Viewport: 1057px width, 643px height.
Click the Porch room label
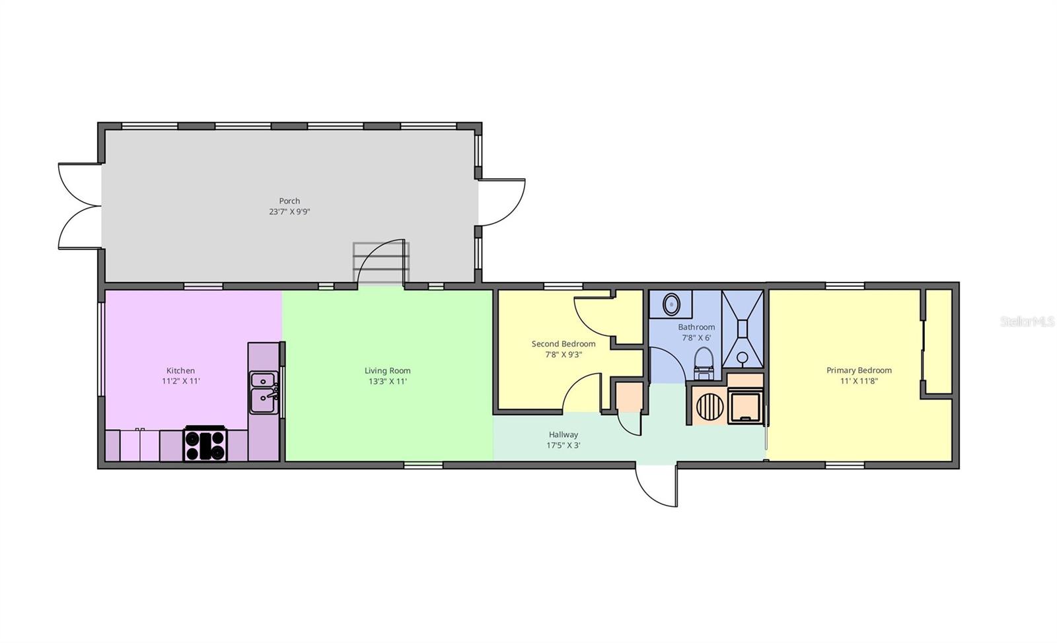[x=289, y=201]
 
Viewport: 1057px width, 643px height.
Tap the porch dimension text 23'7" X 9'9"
[x=289, y=212]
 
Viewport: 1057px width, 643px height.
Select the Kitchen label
[x=180, y=370]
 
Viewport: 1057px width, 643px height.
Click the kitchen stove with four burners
[x=205, y=444]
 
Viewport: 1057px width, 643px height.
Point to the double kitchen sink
[x=264, y=393]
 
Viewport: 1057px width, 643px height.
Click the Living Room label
[x=387, y=370]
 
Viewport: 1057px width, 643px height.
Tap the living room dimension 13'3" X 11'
[x=387, y=382]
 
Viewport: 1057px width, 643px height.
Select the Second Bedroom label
[x=564, y=344]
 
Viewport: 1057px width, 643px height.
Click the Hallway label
[x=563, y=434]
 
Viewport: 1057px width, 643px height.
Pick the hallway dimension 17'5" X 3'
[x=563, y=445]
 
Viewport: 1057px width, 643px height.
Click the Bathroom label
[x=696, y=327]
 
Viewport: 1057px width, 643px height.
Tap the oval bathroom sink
[x=671, y=304]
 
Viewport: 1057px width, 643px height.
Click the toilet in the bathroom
[x=704, y=363]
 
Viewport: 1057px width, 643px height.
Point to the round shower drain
[x=743, y=357]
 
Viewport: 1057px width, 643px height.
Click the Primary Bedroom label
[x=859, y=370]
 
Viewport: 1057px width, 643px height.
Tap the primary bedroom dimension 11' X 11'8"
[x=859, y=381]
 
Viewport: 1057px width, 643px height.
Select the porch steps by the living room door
[x=381, y=263]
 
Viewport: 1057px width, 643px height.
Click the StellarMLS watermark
[x=1027, y=321]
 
